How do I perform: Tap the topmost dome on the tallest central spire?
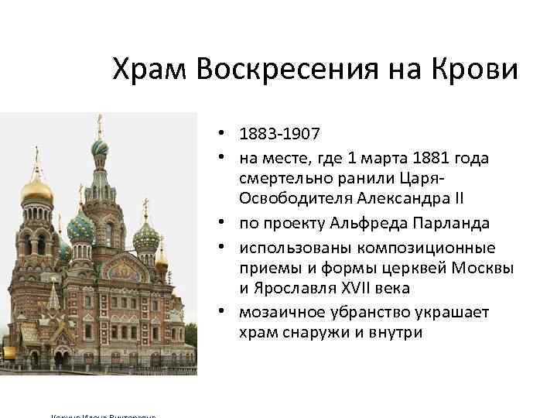coord(99,146)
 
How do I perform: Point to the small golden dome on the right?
coord(161,260)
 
